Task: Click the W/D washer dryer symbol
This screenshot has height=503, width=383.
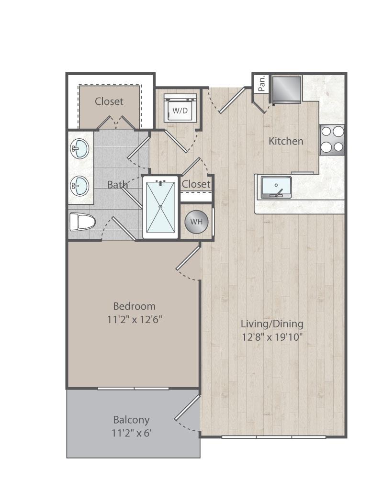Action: click(180, 108)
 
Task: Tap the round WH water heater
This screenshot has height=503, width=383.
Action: click(196, 222)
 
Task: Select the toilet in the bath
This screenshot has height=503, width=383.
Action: click(83, 222)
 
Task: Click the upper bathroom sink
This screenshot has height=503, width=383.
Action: click(79, 148)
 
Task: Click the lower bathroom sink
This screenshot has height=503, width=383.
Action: click(79, 185)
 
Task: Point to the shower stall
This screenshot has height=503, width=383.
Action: click(160, 207)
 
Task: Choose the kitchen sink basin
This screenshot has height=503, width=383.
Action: click(276, 187)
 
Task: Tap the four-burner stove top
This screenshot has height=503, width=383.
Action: click(332, 139)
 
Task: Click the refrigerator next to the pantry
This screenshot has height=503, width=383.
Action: click(286, 89)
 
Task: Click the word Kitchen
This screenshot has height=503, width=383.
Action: click(286, 141)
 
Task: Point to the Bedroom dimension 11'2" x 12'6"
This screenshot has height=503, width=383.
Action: click(135, 320)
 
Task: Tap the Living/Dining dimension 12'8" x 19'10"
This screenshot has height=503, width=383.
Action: click(272, 337)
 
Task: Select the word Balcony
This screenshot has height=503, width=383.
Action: click(132, 420)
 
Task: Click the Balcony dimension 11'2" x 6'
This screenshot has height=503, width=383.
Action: click(132, 434)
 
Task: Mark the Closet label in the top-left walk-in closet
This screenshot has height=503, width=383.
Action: click(109, 101)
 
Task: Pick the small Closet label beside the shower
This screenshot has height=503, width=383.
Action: click(196, 184)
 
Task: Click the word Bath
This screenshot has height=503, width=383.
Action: click(117, 185)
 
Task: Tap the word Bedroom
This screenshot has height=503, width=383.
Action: click(135, 306)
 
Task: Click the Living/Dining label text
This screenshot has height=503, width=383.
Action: click(272, 324)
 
